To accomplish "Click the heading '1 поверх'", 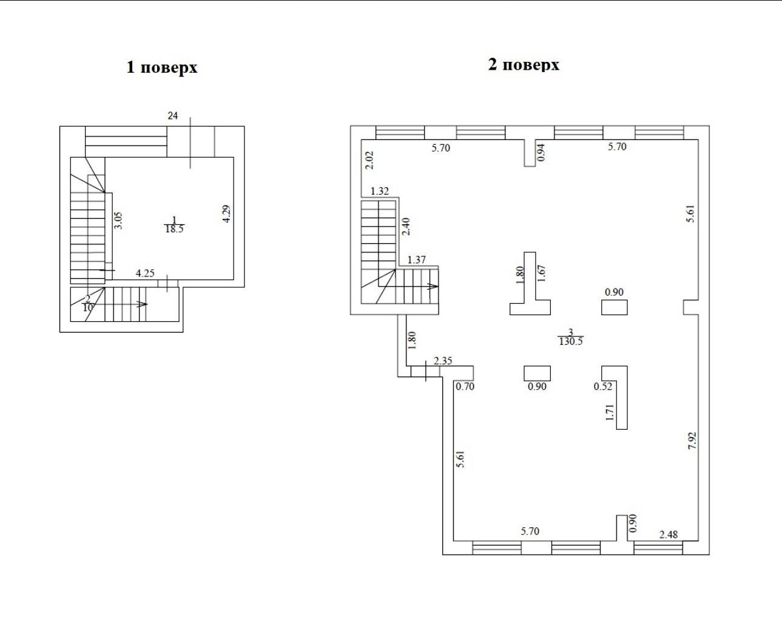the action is click(162, 68).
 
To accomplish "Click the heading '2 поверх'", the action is click(524, 65).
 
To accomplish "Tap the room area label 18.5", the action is click(175, 229).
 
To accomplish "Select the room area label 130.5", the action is click(571, 341).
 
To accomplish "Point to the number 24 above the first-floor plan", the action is click(173, 116).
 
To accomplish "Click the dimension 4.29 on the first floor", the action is click(226, 214).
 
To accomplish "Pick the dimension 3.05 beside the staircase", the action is click(118, 221).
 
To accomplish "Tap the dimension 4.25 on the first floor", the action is click(145, 273).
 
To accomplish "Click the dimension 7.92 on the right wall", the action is click(692, 441).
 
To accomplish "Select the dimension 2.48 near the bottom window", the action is click(669, 535).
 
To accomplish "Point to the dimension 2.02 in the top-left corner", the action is click(369, 160).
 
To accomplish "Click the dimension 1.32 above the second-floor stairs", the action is click(380, 191).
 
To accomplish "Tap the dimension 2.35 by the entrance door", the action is click(443, 361).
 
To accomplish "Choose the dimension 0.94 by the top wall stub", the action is click(541, 153).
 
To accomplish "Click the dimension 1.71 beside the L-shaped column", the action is click(610, 412).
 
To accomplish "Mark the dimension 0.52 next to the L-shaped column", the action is click(603, 386).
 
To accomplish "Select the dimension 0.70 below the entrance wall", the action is click(465, 386).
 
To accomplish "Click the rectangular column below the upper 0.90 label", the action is click(614, 307).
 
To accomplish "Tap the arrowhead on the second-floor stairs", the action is click(433, 286).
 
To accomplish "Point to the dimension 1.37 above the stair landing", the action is click(416, 260).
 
